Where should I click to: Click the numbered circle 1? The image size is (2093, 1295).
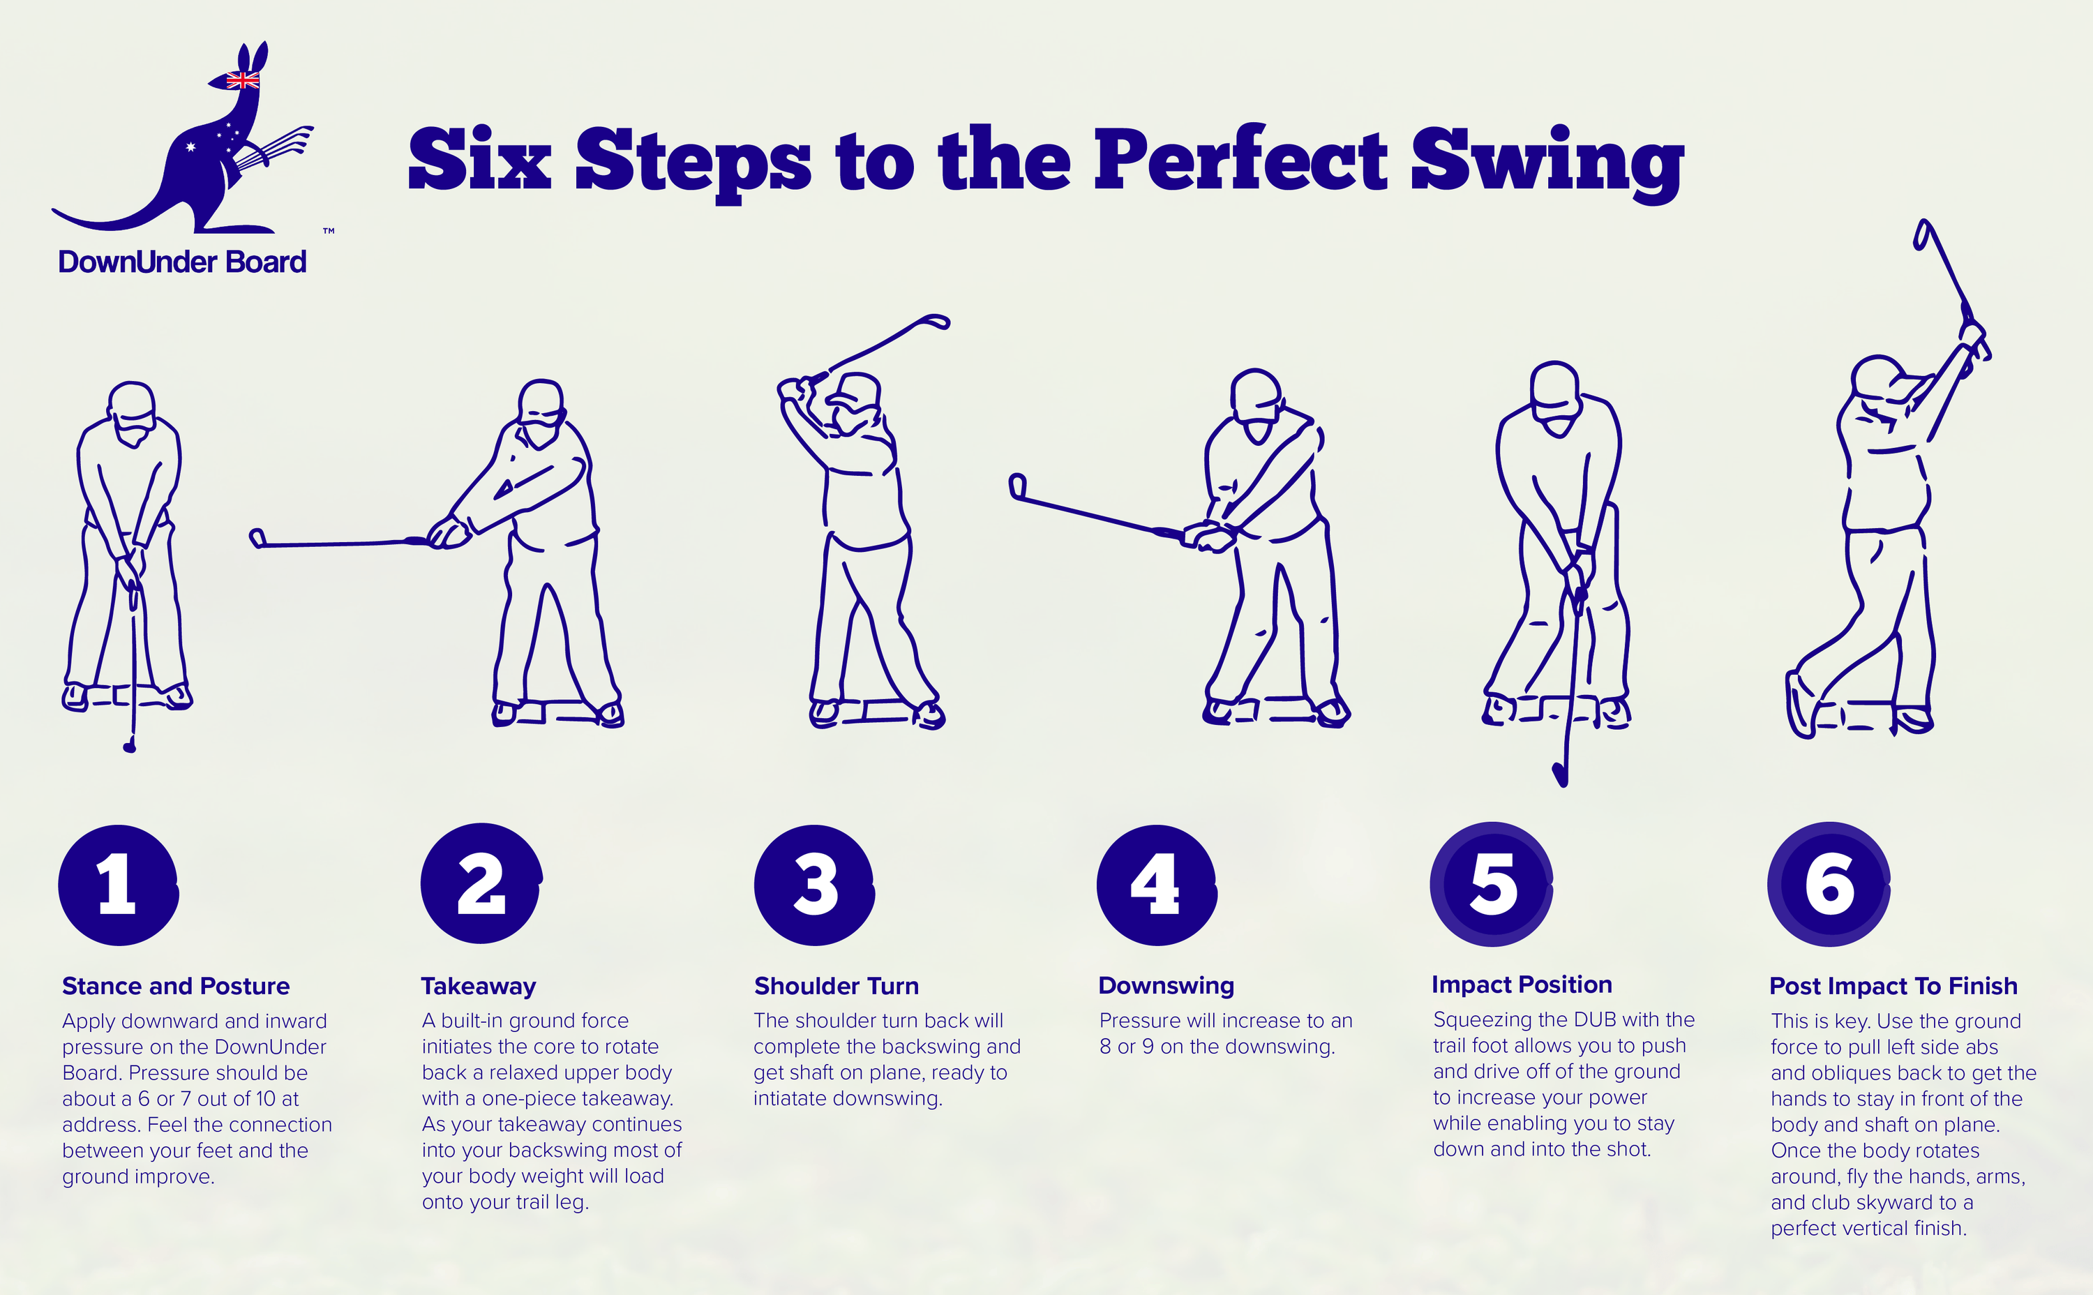118,885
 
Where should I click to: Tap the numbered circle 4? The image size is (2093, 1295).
1157,885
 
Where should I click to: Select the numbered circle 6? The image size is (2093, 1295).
1829,884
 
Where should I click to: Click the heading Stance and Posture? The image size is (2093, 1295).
176,986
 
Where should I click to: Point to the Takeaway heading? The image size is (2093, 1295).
478,987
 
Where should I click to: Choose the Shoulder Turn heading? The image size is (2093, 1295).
836,986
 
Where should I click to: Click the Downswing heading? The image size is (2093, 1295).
1166,986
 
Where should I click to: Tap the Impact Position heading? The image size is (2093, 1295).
1521,985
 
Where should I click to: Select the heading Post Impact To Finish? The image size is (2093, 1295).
1893,986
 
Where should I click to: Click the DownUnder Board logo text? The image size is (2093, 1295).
181,261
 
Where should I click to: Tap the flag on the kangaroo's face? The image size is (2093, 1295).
242,80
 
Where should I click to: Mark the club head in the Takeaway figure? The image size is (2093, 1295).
257,538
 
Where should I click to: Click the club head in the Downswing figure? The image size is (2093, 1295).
1017,486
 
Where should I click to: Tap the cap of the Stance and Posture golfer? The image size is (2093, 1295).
132,399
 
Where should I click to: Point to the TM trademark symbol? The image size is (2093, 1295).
329,231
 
